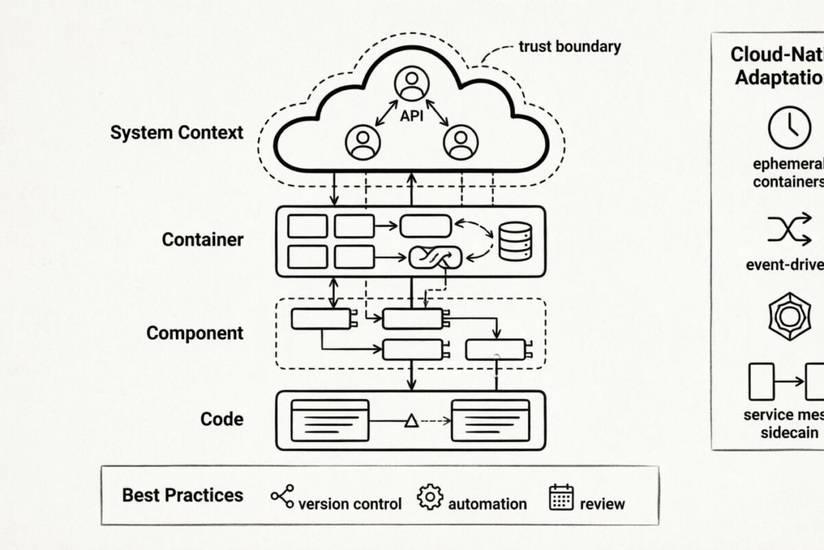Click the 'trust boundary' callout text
(x=569, y=47)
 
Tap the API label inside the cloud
(x=411, y=117)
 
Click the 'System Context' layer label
(x=176, y=132)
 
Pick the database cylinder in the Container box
(x=514, y=241)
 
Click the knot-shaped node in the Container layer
(x=433, y=258)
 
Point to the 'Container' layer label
(x=203, y=240)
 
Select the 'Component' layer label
(x=194, y=333)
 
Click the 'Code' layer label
(x=221, y=419)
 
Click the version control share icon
(x=282, y=496)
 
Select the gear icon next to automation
(x=430, y=496)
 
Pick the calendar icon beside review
(x=561, y=497)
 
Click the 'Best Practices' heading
(x=182, y=496)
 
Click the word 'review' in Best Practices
(x=602, y=504)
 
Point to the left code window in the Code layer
(x=330, y=419)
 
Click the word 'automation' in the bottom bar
(x=487, y=504)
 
